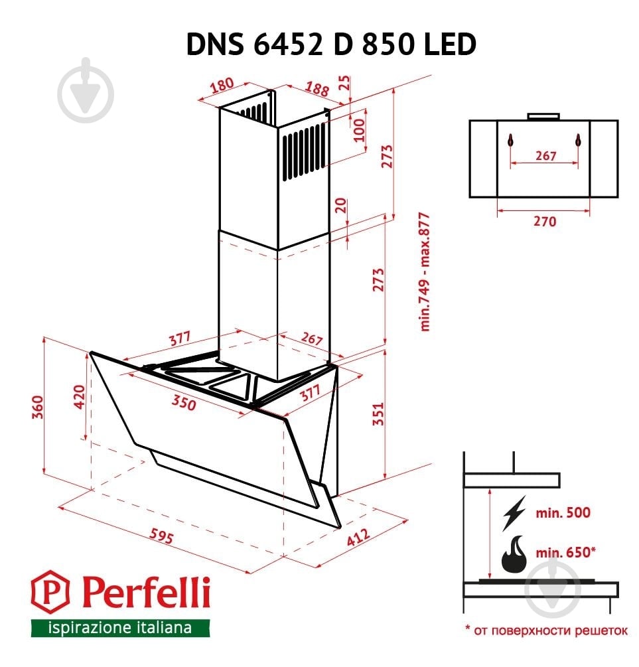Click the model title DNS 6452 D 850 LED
pyautogui.click(x=330, y=44)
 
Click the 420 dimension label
pyautogui.click(x=78, y=398)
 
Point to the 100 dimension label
pyautogui.click(x=359, y=129)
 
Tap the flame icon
pyautogui.click(x=514, y=554)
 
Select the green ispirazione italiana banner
pyautogui.click(x=120, y=628)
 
